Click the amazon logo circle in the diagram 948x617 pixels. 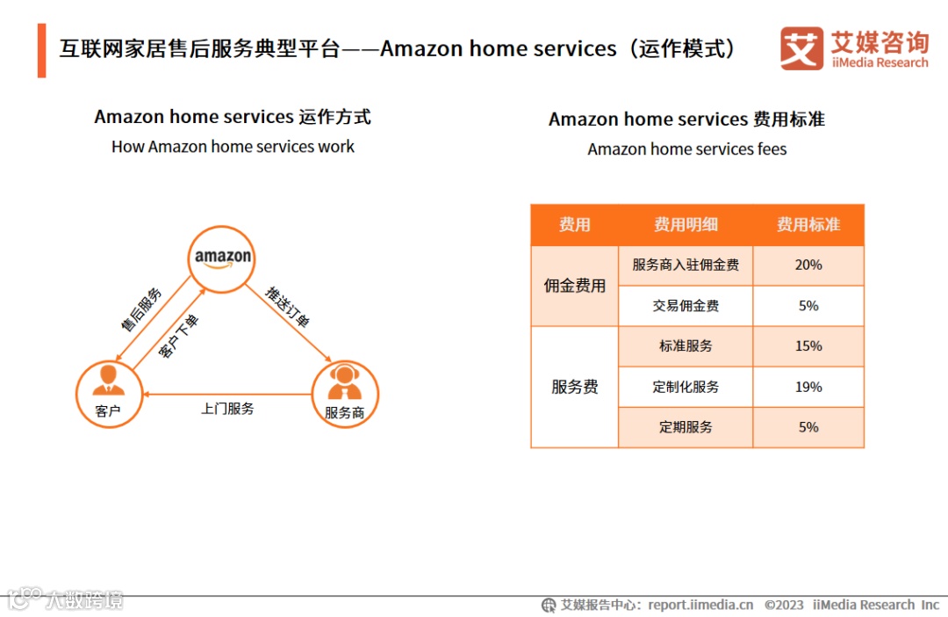pos(223,258)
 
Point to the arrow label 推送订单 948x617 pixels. pos(288,307)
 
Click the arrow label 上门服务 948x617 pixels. pos(227,409)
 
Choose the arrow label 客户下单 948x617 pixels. pos(178,336)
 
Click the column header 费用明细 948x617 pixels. pos(686,225)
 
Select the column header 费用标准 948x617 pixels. pos(808,225)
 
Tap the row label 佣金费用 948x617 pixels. pos(575,286)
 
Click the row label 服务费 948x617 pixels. pos(575,387)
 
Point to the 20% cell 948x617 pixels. pos(808,265)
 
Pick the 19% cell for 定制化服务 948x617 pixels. pos(808,387)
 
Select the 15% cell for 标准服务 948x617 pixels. pos(808,346)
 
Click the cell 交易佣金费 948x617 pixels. pos(686,306)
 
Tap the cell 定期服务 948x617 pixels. pos(686,427)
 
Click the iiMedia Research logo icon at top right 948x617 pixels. pos(801,49)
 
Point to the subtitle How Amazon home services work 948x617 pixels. pos(233,147)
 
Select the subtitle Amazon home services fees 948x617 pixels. pos(687,149)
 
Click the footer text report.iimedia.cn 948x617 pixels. pos(700,605)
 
